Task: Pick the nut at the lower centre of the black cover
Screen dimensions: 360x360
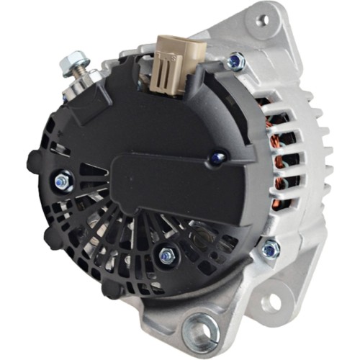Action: coord(167,255)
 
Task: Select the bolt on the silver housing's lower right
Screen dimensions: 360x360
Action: coord(270,249)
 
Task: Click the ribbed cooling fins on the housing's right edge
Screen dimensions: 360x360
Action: coord(317,158)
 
